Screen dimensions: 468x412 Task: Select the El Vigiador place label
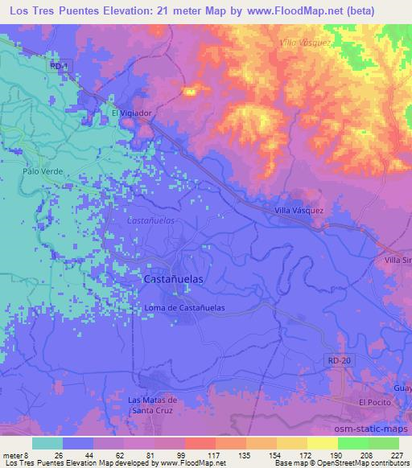pyautogui.click(x=131, y=113)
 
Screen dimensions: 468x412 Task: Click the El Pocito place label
pyautogui.click(x=374, y=401)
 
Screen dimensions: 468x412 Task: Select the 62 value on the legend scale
pyautogui.click(x=107, y=454)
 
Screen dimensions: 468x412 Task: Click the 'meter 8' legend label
pyautogui.click(x=15, y=454)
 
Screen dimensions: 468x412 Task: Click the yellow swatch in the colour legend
pyautogui.click(x=322, y=443)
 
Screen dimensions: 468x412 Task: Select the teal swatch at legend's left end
pyautogui.click(x=47, y=443)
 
